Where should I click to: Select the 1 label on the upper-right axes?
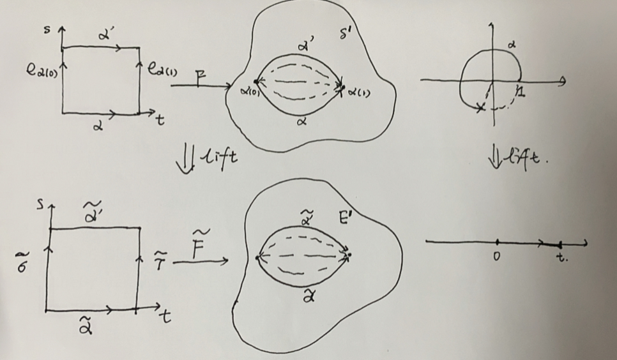(x=521, y=93)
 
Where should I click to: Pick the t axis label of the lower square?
(x=166, y=317)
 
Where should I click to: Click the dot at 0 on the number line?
(x=498, y=241)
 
